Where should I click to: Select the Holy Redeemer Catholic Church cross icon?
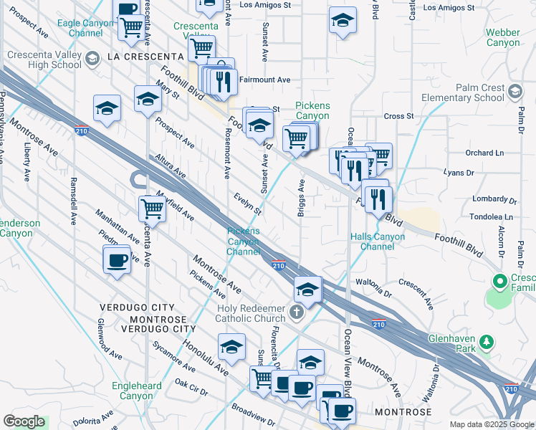point(297,312)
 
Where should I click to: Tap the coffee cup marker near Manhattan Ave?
point(116,260)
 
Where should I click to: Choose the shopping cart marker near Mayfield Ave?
point(152,209)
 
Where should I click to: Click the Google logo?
point(24,421)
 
